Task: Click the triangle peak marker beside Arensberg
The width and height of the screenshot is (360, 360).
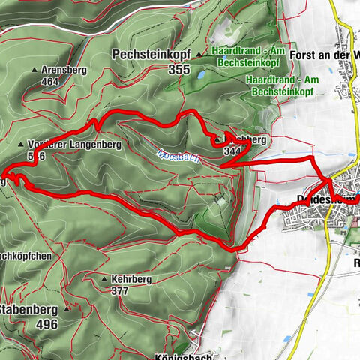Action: tap(34, 70)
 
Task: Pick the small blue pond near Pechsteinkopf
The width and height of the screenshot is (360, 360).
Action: tap(202, 76)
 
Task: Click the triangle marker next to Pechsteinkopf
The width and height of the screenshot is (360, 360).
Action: tap(198, 55)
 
